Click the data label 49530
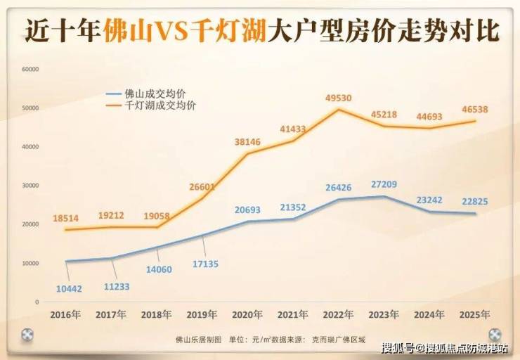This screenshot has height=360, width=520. (x=338, y=98)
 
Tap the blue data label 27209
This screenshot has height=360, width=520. (x=384, y=184)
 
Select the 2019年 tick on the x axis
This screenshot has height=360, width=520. (x=202, y=314)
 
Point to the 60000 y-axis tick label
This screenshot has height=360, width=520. (x=30, y=69)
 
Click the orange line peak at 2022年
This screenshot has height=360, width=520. (x=339, y=109)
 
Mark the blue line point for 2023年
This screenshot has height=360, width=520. (x=384, y=196)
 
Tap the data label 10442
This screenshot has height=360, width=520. (x=69, y=289)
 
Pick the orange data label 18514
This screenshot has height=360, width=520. (x=65, y=219)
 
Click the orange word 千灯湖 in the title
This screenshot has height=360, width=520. (x=230, y=32)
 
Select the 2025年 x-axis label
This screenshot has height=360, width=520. (x=474, y=314)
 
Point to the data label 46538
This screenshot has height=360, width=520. (x=475, y=110)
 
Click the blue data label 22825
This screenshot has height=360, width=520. (x=475, y=201)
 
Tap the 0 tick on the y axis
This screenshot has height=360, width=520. (x=37, y=302)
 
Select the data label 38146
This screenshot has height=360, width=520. (x=247, y=142)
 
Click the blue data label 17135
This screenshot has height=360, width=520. (x=206, y=264)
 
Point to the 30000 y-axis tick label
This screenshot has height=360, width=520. (x=30, y=186)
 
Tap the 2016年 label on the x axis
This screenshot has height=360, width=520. (x=65, y=314)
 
